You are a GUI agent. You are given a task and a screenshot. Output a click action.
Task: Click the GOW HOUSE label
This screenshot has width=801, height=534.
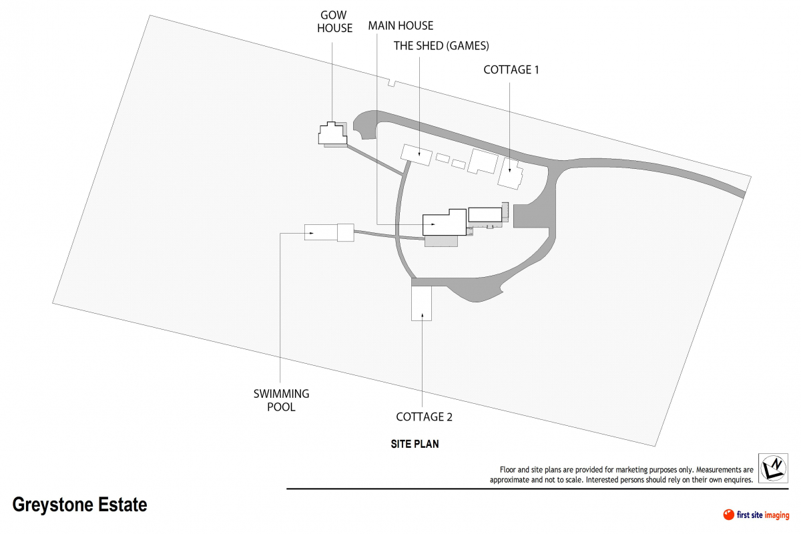point(334,21)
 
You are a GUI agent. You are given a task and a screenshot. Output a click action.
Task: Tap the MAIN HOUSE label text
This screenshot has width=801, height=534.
point(400,26)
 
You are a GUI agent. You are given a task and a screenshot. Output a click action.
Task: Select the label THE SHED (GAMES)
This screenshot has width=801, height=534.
point(441,46)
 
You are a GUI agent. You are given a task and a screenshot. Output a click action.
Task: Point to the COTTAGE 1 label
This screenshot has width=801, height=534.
point(511,69)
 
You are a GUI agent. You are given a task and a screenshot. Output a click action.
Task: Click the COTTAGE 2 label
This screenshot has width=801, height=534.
point(424,417)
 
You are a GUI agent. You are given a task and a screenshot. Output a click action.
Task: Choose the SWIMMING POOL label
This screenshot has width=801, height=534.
point(281,400)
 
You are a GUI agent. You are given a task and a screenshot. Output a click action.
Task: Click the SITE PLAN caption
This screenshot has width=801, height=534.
point(415,443)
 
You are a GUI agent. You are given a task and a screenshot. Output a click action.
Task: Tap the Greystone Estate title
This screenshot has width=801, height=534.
point(79,505)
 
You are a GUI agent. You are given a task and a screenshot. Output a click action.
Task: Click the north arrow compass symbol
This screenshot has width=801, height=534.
point(772,468)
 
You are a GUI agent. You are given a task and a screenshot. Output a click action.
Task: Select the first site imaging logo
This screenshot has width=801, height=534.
point(756,514)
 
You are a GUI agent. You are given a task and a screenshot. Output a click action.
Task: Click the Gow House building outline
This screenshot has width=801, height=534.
point(332,133)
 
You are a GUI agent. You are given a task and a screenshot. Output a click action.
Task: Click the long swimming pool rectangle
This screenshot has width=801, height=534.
point(321,232)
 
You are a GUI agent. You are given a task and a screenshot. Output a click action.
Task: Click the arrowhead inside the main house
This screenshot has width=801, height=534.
point(435,225)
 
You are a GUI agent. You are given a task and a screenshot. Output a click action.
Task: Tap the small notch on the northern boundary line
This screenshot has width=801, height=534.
point(392,83)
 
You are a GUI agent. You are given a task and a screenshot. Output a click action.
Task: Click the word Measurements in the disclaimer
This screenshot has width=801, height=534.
point(718,470)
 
